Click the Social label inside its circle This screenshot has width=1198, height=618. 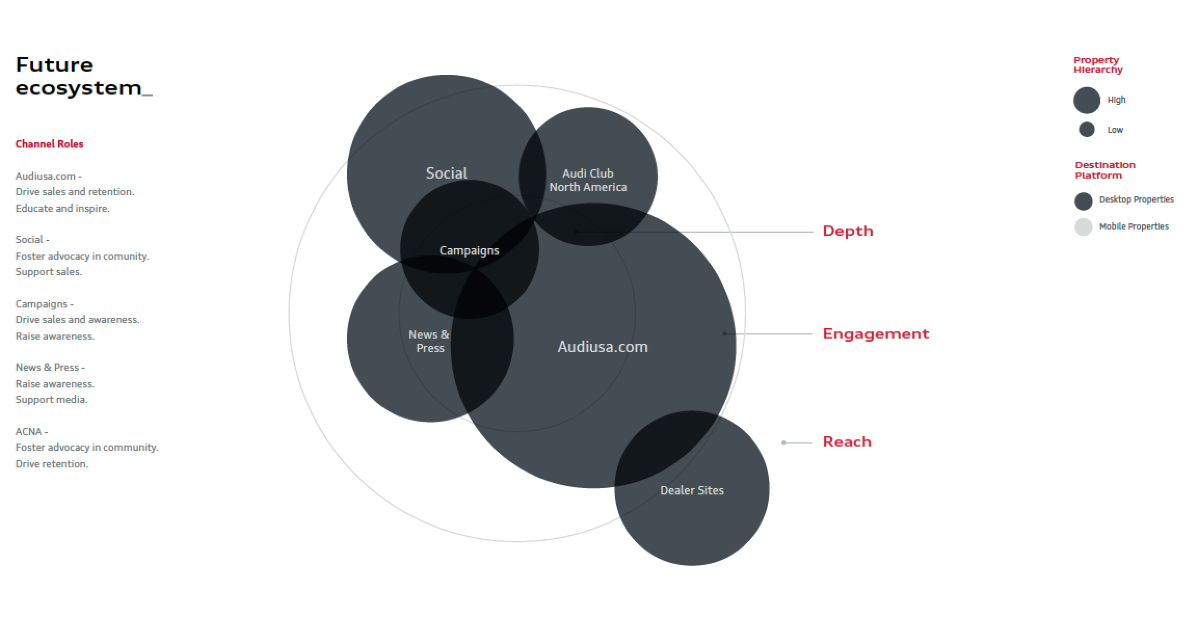(446, 173)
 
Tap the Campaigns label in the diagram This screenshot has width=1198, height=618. (469, 250)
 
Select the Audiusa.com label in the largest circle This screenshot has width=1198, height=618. (603, 346)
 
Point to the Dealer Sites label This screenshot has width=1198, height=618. (691, 490)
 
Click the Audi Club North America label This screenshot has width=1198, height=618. (588, 180)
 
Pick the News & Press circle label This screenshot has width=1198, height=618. (430, 341)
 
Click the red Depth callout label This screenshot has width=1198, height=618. (848, 231)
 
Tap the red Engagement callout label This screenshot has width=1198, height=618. (876, 334)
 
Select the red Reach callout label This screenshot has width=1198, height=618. (847, 442)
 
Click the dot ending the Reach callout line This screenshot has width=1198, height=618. (784, 442)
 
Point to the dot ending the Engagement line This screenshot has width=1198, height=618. (725, 333)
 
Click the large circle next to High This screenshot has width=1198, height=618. (1087, 100)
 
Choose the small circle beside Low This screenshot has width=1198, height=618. (1087, 129)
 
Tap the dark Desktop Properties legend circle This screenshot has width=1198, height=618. (1083, 201)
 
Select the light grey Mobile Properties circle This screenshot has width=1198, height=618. (1083, 227)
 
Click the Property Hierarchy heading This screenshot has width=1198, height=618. (1098, 65)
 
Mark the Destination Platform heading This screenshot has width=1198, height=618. (1105, 170)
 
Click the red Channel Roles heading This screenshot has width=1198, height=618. (49, 144)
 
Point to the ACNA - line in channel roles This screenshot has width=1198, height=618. (32, 432)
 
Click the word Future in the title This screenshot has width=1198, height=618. (55, 65)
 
